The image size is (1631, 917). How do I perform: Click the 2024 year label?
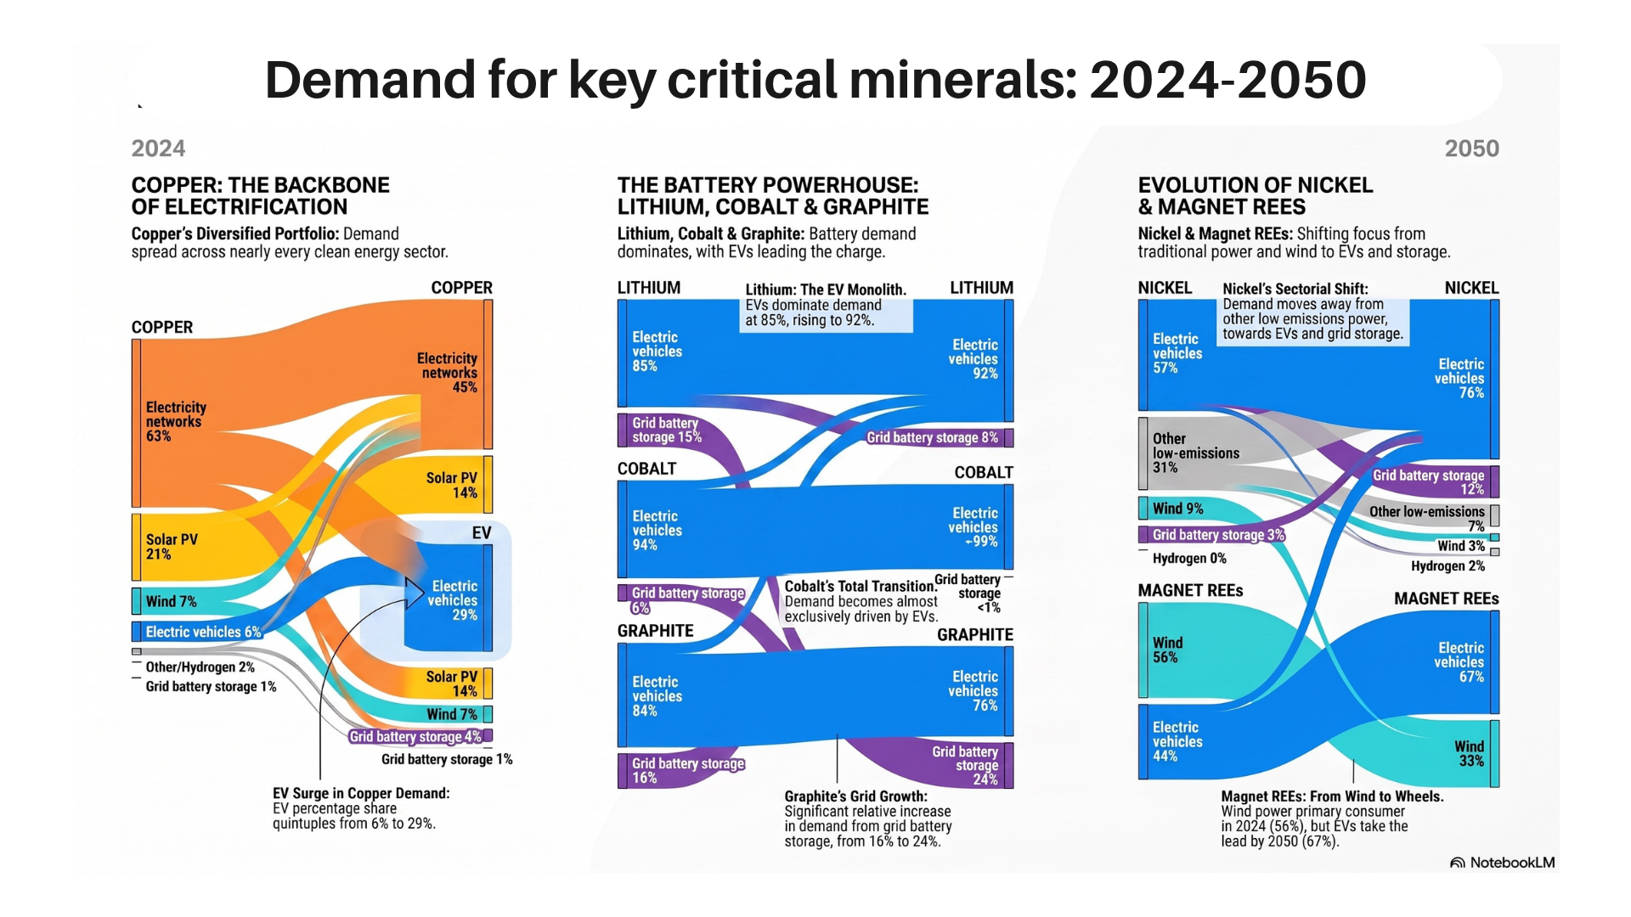[158, 149]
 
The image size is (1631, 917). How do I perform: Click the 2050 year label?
[1471, 149]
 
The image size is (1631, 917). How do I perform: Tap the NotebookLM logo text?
[1512, 863]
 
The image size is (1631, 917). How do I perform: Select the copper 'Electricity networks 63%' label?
[176, 422]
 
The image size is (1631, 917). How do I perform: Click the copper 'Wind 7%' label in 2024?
[171, 601]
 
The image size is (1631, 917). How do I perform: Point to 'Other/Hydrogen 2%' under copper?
[200, 667]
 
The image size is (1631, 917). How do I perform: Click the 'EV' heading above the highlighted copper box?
[482, 533]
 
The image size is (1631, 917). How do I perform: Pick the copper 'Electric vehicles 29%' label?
[454, 600]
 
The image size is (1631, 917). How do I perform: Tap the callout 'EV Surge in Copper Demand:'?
[361, 793]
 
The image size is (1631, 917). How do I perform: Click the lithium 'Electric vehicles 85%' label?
[657, 352]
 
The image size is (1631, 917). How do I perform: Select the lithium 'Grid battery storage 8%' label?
[932, 437]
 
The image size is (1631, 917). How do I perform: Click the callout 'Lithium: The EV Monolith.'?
[826, 290]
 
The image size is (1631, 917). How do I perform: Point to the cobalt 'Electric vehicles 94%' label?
[657, 531]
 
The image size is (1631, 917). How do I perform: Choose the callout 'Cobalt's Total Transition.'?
[861, 586]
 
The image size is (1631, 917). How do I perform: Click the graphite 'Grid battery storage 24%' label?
[965, 765]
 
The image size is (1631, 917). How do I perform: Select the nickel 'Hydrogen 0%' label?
[1189, 559]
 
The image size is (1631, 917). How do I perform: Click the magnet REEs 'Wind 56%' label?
[1167, 650]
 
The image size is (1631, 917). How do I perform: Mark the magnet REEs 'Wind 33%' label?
[1470, 754]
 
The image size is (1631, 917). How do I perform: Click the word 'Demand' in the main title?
[370, 80]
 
